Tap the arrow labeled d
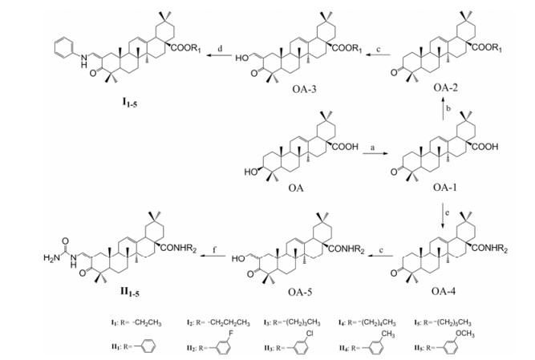pos(216,55)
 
